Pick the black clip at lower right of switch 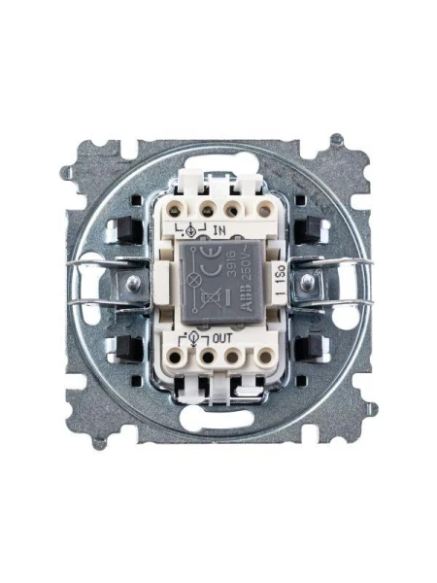(x=312, y=348)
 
